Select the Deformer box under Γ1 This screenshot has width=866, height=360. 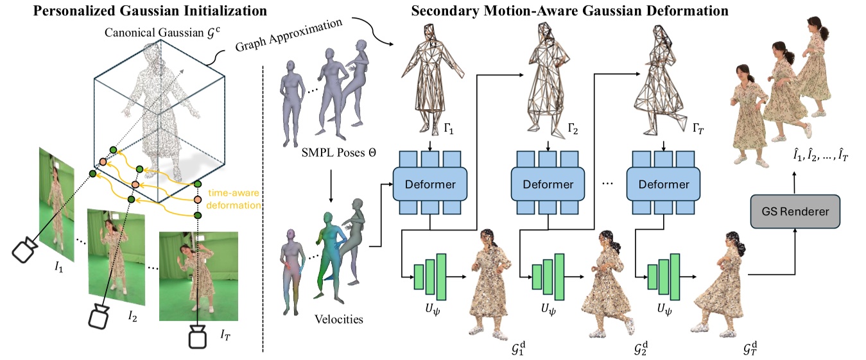[430, 185]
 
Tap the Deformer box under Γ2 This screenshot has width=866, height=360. [548, 185]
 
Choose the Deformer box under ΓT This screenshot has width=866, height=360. [664, 185]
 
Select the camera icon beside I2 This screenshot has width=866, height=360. [100, 317]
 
